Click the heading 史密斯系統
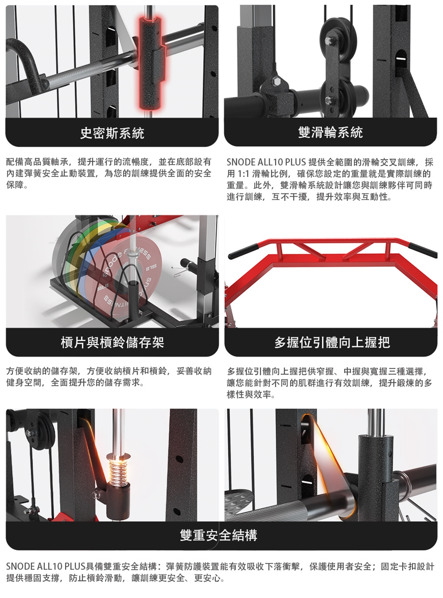coord(112,133)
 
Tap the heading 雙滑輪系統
coord(330,132)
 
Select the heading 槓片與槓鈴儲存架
coord(113,342)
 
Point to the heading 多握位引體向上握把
coord(332,342)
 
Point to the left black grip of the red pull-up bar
coord(243,251)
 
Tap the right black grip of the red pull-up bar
coord(423,250)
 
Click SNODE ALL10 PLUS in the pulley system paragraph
coord(266,162)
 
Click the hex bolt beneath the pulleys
coord(276,82)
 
